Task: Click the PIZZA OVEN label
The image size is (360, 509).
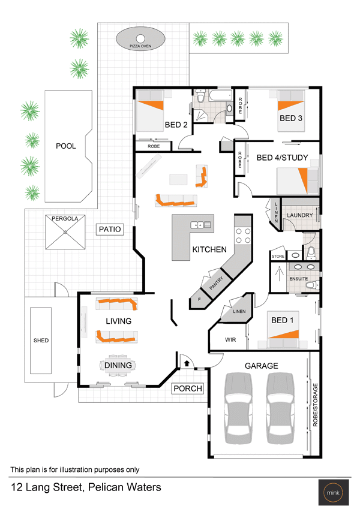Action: [x=140, y=46]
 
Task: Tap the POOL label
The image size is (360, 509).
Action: [x=66, y=146]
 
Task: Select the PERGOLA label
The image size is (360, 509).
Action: [x=65, y=218]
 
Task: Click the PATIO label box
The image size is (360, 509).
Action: [x=110, y=229]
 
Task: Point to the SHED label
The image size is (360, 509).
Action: [x=41, y=340]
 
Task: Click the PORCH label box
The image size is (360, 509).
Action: [x=188, y=388]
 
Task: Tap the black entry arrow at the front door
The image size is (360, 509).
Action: [x=187, y=363]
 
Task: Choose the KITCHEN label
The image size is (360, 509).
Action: [x=209, y=249]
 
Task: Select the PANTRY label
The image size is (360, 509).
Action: [x=216, y=283]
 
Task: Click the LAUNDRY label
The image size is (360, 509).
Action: [x=299, y=215]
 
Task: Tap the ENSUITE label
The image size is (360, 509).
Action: [x=299, y=279]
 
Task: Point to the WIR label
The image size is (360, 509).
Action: [x=230, y=339]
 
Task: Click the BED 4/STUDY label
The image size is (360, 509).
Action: [x=283, y=158]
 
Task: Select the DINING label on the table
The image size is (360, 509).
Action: [x=118, y=365]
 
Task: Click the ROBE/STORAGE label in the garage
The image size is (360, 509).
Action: [x=315, y=405]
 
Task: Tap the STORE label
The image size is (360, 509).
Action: [x=278, y=256]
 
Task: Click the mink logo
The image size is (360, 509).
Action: [x=334, y=492]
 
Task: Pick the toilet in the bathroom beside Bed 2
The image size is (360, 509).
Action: [x=200, y=97]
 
